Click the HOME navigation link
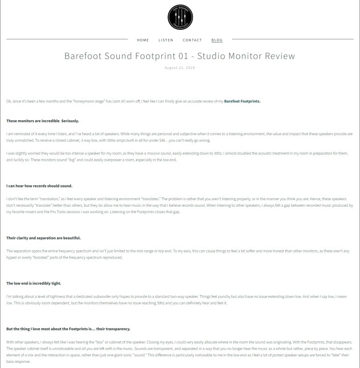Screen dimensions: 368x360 [x=143, y=40]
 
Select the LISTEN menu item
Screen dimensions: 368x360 [x=166, y=40]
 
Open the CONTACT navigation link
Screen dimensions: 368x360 [x=192, y=40]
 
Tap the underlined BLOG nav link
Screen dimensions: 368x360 [x=217, y=40]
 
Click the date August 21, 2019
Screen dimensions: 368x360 [x=180, y=68]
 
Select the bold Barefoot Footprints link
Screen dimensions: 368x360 [x=242, y=101]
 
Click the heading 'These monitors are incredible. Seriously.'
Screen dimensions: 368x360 [x=39, y=121]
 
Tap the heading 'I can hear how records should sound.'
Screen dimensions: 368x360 [x=39, y=186]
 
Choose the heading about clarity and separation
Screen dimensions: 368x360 [x=43, y=238]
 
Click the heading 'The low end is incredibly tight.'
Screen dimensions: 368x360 [x=34, y=283]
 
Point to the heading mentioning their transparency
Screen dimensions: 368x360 [x=68, y=329]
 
